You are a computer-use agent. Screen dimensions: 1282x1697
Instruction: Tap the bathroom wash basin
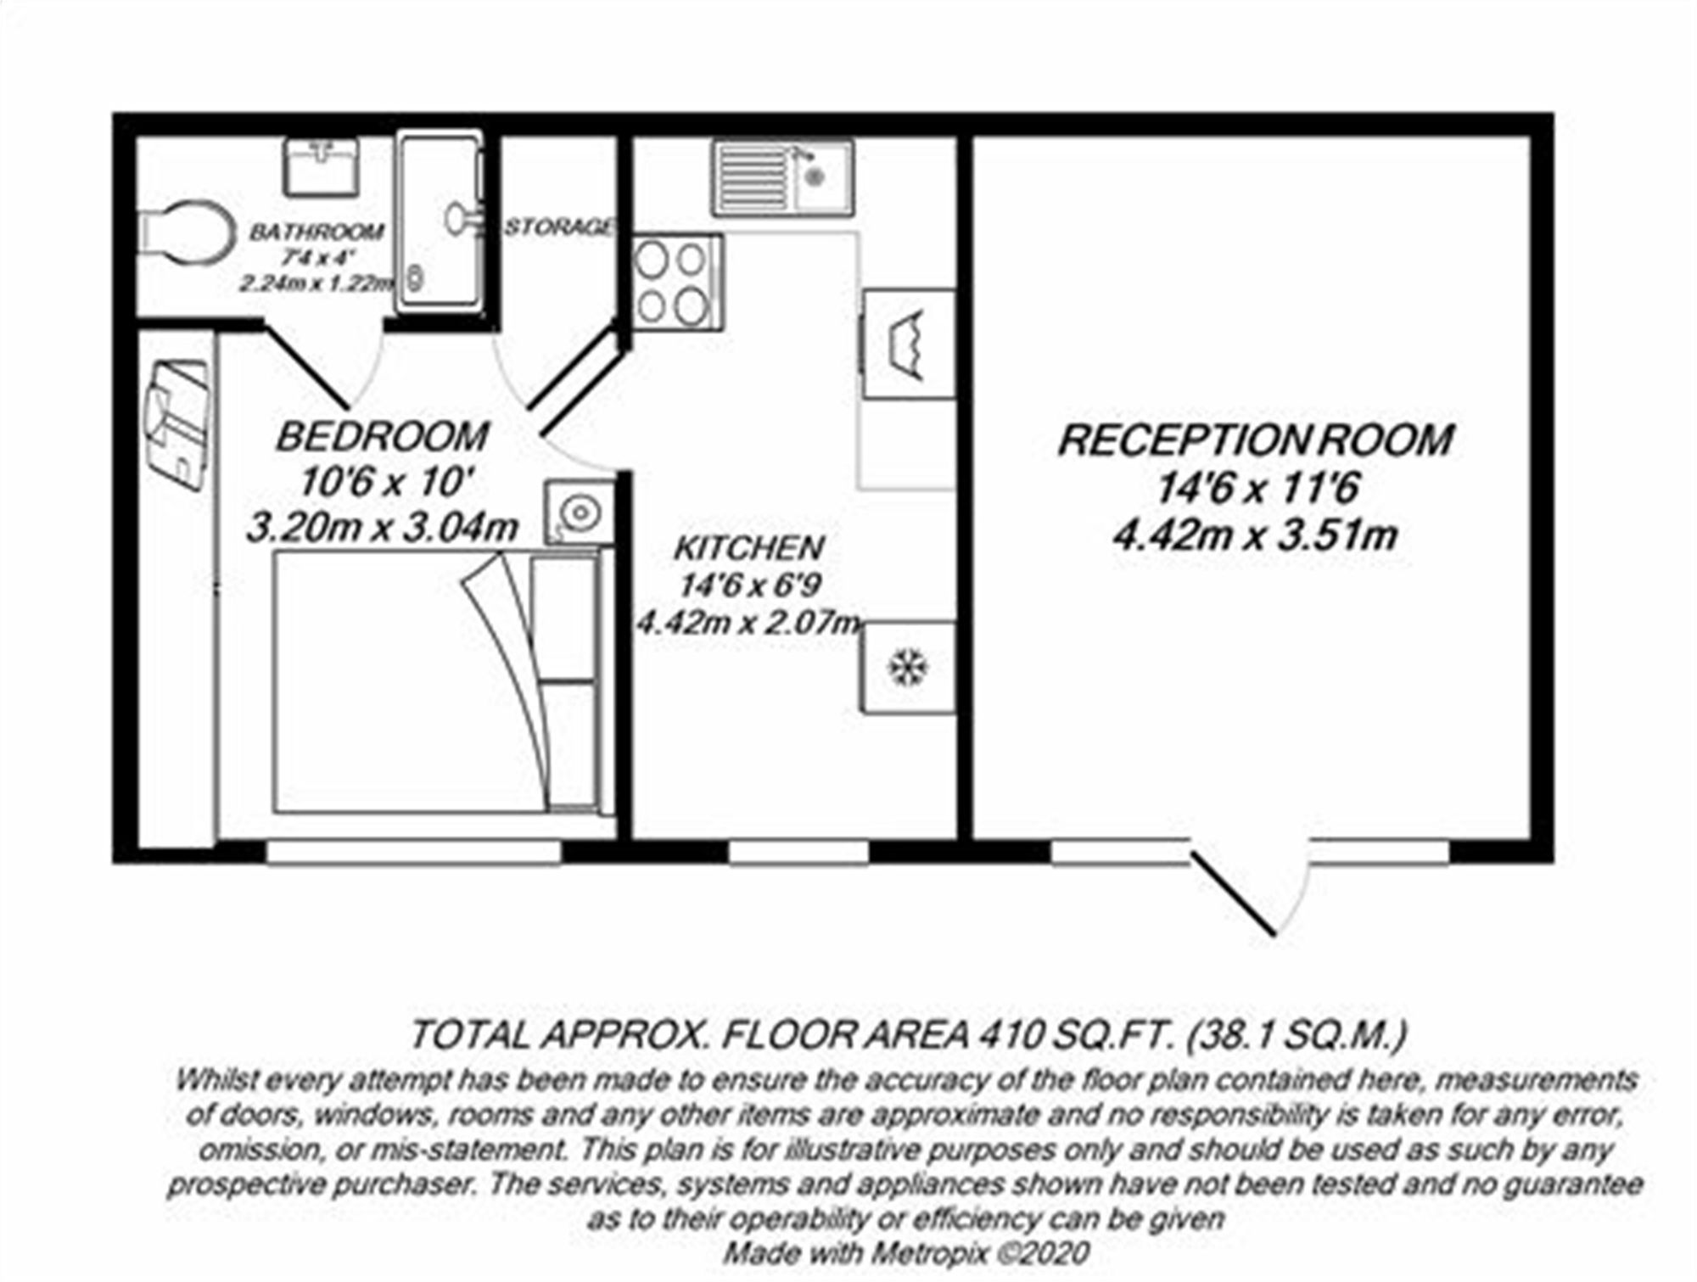320,166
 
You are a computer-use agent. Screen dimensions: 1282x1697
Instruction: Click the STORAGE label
559,227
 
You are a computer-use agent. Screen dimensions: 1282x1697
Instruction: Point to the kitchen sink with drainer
782,176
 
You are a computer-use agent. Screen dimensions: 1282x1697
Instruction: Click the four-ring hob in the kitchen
675,283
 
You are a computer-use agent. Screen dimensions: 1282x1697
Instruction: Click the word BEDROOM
382,436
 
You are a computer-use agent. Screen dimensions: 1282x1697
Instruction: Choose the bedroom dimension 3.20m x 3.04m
382,528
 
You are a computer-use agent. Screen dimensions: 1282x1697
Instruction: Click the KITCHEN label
748,548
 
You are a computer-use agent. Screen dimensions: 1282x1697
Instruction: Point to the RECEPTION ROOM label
1256,440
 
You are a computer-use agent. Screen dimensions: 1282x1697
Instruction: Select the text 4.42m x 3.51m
1256,535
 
